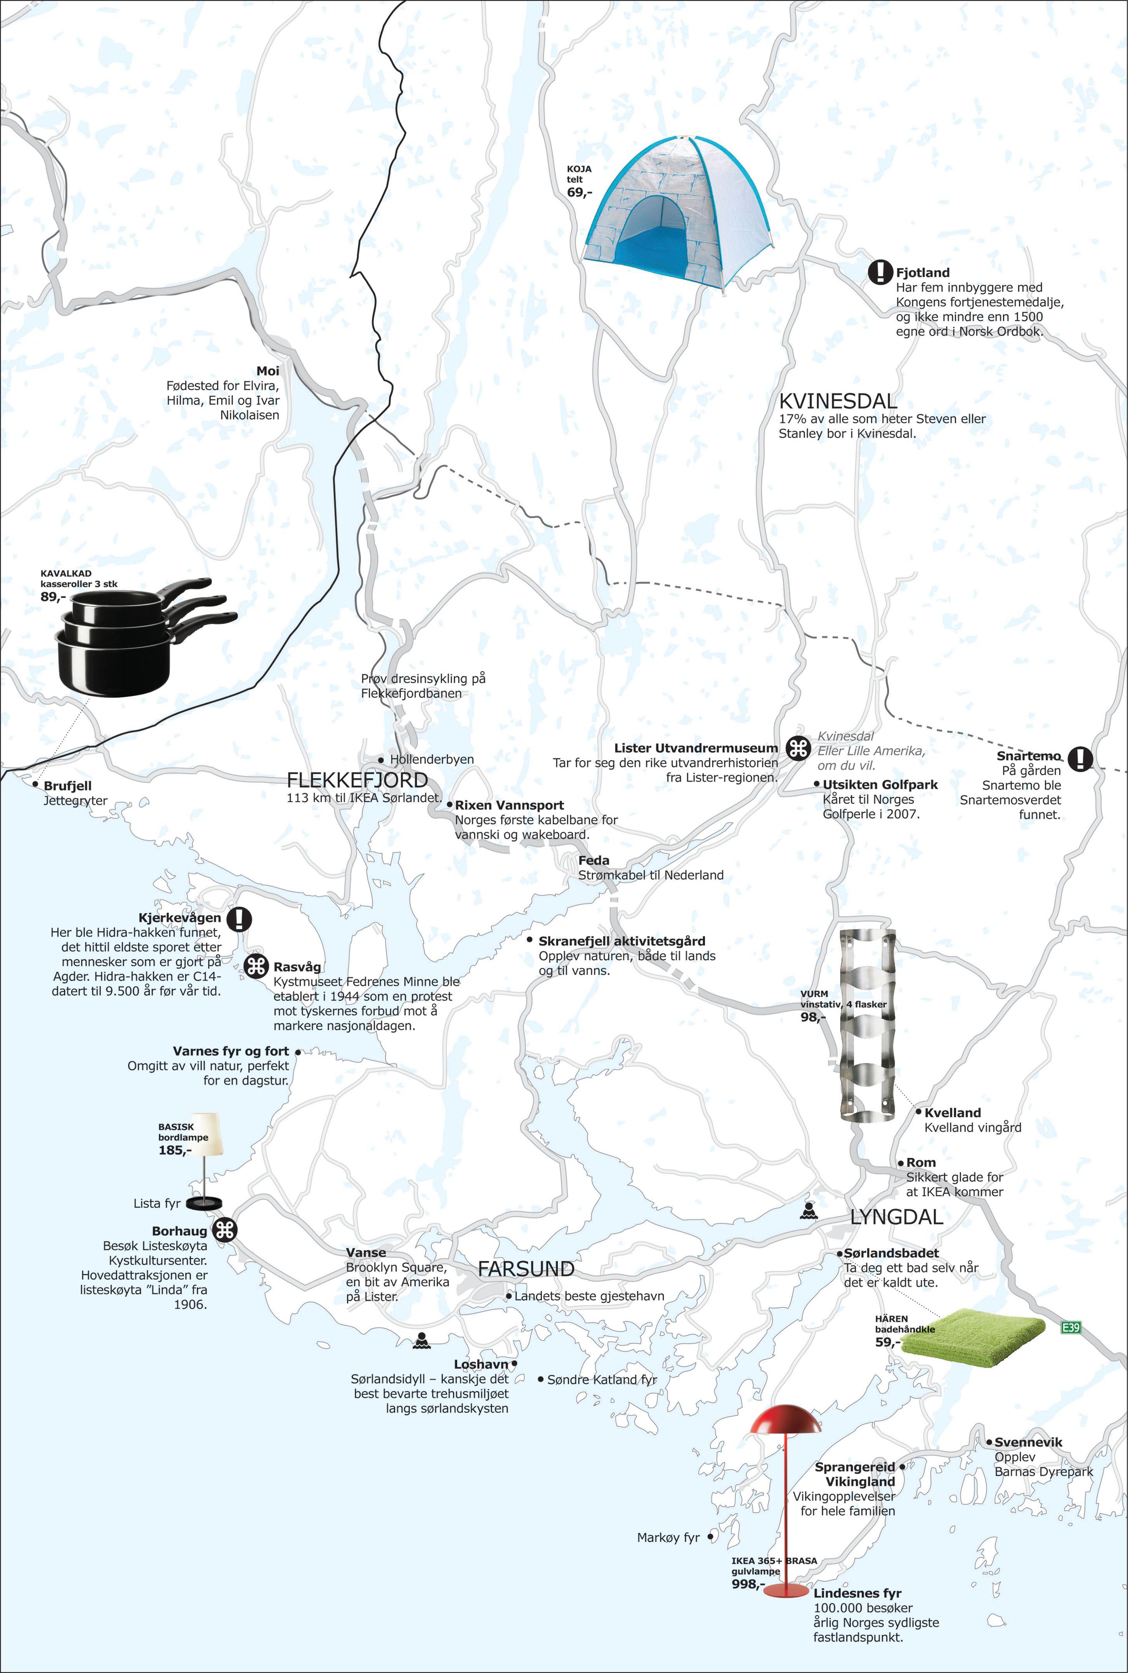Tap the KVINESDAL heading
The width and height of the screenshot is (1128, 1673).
tap(838, 401)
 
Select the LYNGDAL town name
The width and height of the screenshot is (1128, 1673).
tap(896, 1217)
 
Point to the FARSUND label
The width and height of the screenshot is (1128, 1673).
tap(526, 1269)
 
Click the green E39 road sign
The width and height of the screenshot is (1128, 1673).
tap(1071, 1328)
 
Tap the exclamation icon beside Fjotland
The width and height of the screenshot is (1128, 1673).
tap(880, 272)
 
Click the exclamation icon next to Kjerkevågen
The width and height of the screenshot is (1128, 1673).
tap(239, 919)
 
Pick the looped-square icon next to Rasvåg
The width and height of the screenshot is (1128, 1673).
tap(257, 967)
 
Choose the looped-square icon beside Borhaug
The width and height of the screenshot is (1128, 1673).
tap(225, 1231)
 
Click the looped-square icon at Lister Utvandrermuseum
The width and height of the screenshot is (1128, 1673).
tap(798, 749)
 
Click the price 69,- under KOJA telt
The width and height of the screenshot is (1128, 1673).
tap(579, 193)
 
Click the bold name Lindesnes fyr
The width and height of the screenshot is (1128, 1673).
tap(857, 1593)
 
